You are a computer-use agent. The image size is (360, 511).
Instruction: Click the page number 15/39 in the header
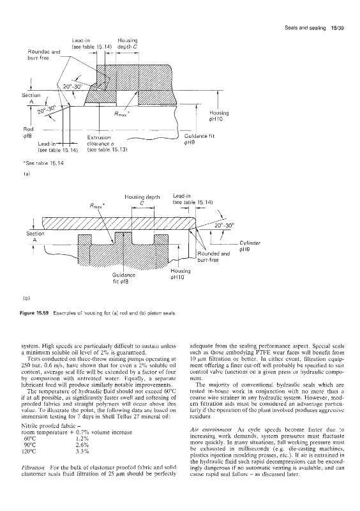click(338, 28)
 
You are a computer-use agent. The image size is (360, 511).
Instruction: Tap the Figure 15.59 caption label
click(34, 313)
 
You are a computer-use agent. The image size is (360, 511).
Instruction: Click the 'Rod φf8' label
click(29, 132)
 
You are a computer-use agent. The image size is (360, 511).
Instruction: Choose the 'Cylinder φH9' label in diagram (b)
click(250, 246)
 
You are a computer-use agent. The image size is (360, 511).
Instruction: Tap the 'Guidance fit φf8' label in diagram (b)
click(124, 278)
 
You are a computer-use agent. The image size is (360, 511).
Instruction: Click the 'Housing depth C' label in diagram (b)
click(142, 199)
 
